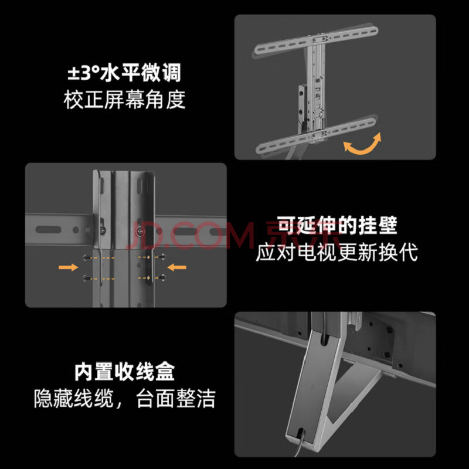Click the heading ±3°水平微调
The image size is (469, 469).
click(x=124, y=73)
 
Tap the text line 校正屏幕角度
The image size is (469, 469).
click(x=124, y=99)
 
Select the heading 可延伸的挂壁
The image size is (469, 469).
click(x=337, y=226)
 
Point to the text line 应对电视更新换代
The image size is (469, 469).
click(x=337, y=252)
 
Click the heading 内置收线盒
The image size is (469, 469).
click(x=124, y=372)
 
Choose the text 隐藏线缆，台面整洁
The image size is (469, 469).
click(x=124, y=398)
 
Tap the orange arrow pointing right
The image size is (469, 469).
click(x=68, y=267)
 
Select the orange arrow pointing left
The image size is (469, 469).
click(x=177, y=267)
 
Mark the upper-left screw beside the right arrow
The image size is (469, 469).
click(x=87, y=257)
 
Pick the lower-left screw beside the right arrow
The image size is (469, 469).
click(x=86, y=278)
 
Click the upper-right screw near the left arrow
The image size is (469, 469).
click(x=162, y=256)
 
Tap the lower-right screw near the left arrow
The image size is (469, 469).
click(x=162, y=277)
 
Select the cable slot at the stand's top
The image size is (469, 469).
click(x=324, y=341)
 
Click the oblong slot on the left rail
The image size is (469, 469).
click(x=48, y=230)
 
